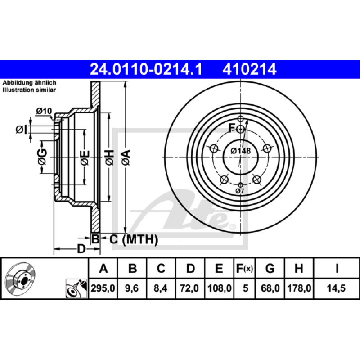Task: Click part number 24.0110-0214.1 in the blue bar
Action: [146, 69]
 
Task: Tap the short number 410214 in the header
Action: [249, 69]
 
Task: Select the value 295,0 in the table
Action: [103, 288]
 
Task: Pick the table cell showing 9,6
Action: [132, 288]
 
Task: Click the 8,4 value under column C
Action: [161, 288]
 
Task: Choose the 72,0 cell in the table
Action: [189, 288]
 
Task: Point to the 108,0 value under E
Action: [220, 288]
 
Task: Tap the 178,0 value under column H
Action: [299, 288]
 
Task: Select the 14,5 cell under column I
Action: [336, 288]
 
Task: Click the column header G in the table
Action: [270, 268]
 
